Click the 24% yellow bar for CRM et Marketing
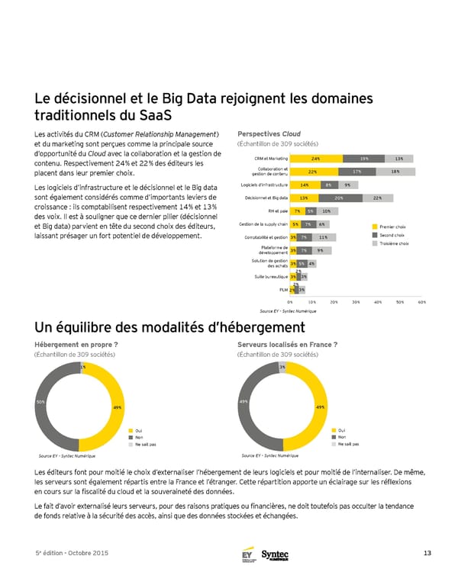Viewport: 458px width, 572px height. coord(315,158)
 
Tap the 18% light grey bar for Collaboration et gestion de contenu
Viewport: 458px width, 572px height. coord(394,172)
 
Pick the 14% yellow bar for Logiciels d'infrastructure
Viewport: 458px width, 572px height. coord(304,185)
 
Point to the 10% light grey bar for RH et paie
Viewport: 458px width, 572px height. coord(326,210)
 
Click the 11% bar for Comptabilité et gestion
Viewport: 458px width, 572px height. coord(323,237)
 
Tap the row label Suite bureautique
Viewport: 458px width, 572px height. coord(270,277)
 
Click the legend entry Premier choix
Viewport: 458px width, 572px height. coord(389,227)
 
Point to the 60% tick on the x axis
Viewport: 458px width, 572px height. coord(422,302)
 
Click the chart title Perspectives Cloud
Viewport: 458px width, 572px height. coord(269,132)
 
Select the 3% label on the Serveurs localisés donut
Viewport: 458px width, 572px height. coord(282,368)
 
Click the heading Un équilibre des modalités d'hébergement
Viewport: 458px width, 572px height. coord(169,328)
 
